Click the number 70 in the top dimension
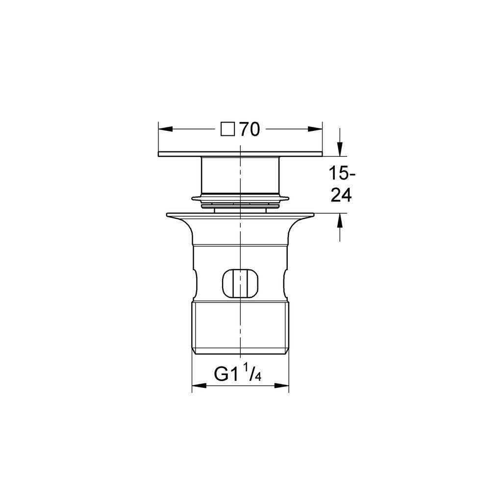click(250, 129)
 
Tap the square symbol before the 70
click(227, 129)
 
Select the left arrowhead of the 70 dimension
click(165, 129)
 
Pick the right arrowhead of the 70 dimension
click(315, 129)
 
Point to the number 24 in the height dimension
click(341, 195)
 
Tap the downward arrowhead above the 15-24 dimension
click(340, 149)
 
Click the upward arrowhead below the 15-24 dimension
click(340, 220)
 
